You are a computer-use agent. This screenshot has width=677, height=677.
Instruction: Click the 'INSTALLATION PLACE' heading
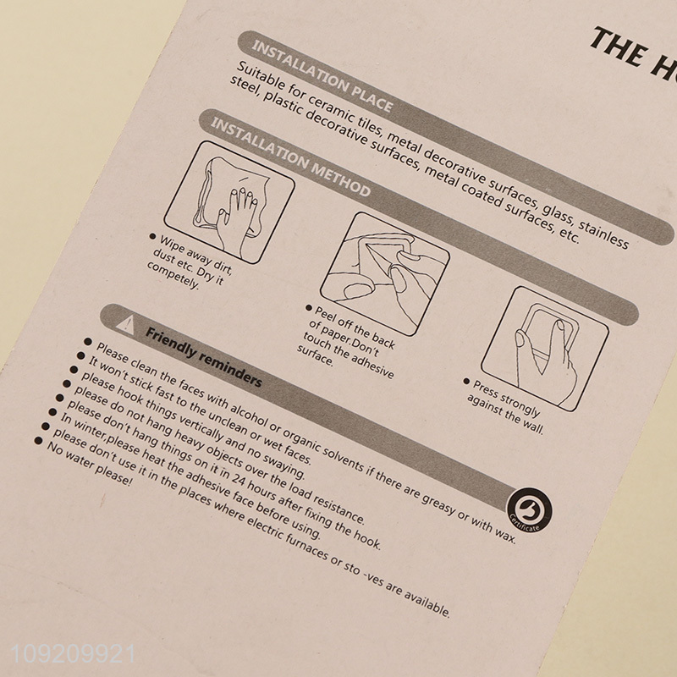coord(322,76)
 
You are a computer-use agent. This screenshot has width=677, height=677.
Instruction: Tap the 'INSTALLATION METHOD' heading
coord(290,157)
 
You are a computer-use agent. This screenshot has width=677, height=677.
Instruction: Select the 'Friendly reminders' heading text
coord(203,356)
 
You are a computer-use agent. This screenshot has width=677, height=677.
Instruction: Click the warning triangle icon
coord(125,323)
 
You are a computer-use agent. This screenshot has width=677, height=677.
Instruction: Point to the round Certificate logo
coord(530,510)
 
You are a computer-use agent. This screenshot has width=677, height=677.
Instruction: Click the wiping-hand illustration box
coord(229,202)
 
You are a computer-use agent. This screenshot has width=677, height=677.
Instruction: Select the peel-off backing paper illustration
coord(385,274)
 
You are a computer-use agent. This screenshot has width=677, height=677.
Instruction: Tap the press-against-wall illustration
coord(545,349)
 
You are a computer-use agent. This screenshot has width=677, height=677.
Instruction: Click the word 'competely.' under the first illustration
coord(173,275)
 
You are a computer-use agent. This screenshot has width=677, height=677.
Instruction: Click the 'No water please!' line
coord(90,464)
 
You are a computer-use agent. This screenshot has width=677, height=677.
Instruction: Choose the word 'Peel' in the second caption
coord(325,315)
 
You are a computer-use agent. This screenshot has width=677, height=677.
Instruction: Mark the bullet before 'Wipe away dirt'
coord(152,236)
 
